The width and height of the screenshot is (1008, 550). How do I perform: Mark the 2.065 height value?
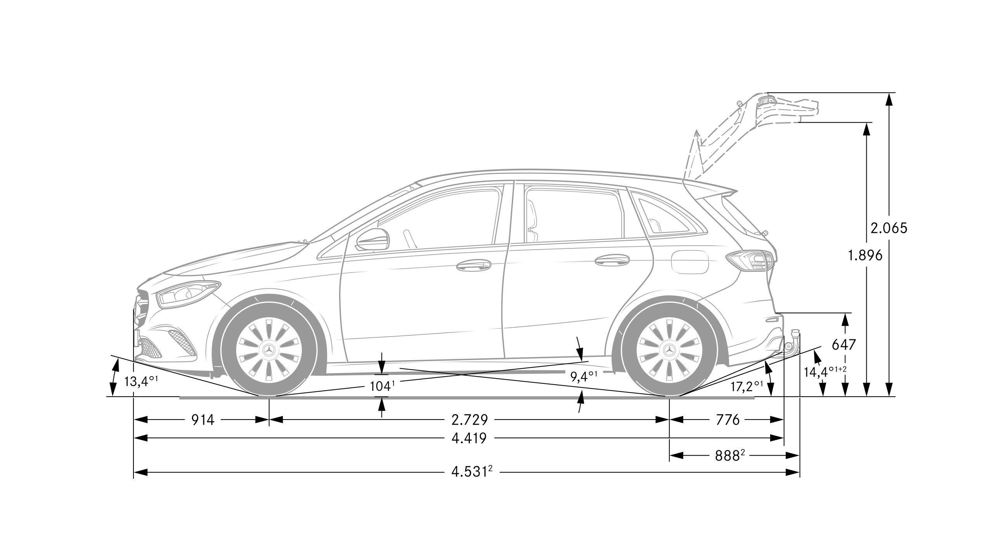click(888, 228)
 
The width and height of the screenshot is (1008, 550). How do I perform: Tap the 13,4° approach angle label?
click(141, 381)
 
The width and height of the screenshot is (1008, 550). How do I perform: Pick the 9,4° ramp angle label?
click(584, 376)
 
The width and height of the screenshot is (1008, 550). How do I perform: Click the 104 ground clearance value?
click(381, 386)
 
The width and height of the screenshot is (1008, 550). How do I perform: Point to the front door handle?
click(474, 265)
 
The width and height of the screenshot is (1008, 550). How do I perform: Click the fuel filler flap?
click(690, 262)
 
